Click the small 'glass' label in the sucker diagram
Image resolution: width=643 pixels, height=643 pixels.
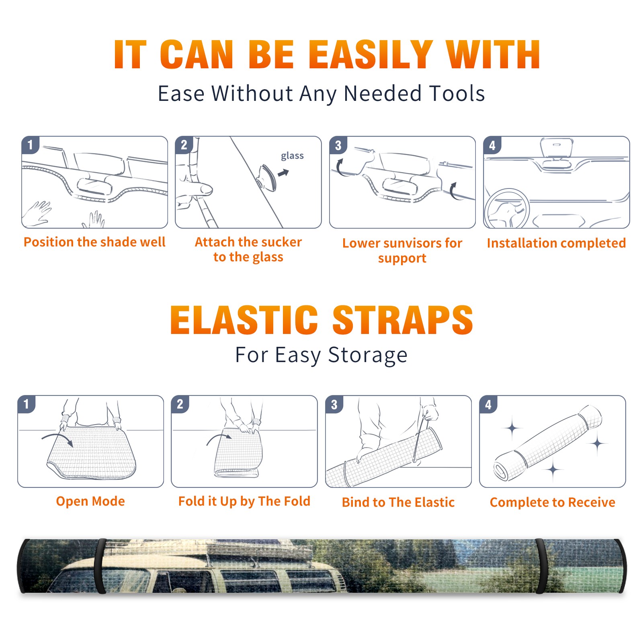[x=292, y=156]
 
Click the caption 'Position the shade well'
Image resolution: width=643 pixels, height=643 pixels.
[x=94, y=242]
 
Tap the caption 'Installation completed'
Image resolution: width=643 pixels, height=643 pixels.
[x=556, y=243]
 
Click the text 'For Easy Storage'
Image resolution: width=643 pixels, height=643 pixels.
[x=321, y=355]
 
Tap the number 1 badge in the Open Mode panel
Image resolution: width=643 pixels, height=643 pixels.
[x=27, y=404]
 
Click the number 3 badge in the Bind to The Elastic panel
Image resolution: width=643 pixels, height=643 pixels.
[x=334, y=404]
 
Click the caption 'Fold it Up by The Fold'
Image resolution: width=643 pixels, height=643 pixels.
[x=244, y=501]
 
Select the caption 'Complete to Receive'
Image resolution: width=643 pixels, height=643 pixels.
[x=553, y=502]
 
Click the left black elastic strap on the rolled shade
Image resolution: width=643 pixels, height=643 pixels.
[x=100, y=566]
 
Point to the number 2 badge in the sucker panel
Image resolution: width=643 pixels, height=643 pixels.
[x=184, y=145]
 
